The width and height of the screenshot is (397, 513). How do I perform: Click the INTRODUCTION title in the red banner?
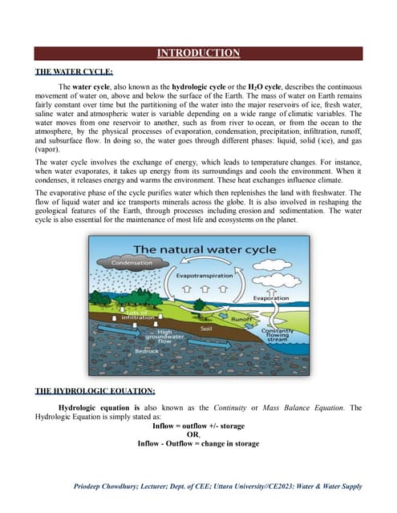(198, 54)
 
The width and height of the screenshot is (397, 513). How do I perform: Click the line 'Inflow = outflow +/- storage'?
(198, 426)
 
